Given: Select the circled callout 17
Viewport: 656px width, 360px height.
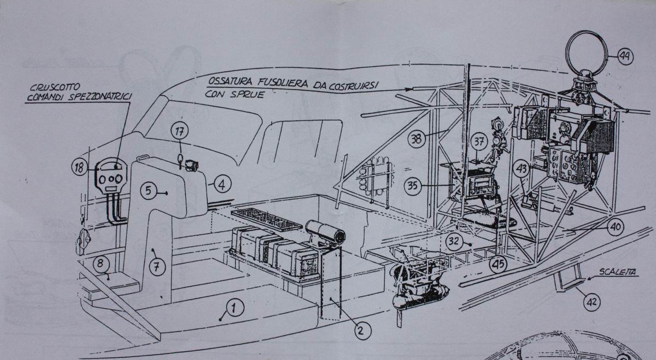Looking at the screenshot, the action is tap(180, 131).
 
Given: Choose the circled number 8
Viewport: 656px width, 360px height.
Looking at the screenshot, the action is tap(100, 264).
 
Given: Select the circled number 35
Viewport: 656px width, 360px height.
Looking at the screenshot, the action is tap(413, 186).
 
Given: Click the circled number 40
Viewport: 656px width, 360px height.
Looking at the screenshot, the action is tap(615, 226).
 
